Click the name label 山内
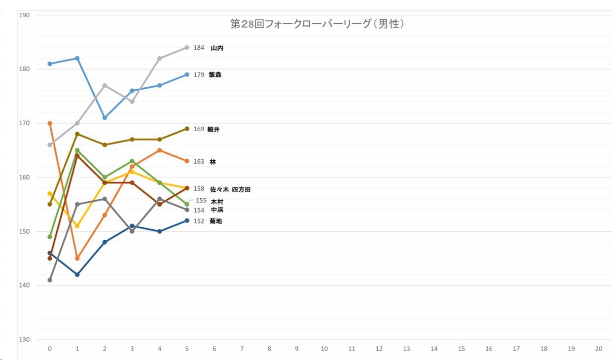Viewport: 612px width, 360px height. click(x=217, y=48)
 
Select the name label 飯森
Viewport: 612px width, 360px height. click(x=215, y=75)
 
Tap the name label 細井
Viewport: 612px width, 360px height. click(x=214, y=129)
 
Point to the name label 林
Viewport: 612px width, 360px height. click(x=213, y=162)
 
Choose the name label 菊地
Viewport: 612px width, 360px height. click(x=216, y=221)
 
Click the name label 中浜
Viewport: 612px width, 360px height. click(x=217, y=210)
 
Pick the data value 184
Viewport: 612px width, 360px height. click(x=199, y=48)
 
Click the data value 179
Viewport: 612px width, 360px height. click(x=199, y=75)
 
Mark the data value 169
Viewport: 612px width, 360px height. click(x=199, y=129)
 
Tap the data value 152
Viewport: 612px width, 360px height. click(x=199, y=221)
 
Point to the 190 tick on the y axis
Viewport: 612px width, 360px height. click(x=24, y=15)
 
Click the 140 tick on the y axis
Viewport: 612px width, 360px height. click(x=24, y=286)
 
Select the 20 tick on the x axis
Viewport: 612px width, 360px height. click(x=599, y=349)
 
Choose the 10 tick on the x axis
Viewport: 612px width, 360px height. click(x=324, y=349)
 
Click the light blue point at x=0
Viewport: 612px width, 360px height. click(x=50, y=64)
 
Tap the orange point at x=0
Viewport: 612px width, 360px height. click(x=50, y=123)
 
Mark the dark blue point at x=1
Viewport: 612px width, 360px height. click(x=77, y=275)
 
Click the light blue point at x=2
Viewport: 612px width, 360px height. click(x=105, y=118)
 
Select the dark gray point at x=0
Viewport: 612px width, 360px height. click(x=50, y=280)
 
